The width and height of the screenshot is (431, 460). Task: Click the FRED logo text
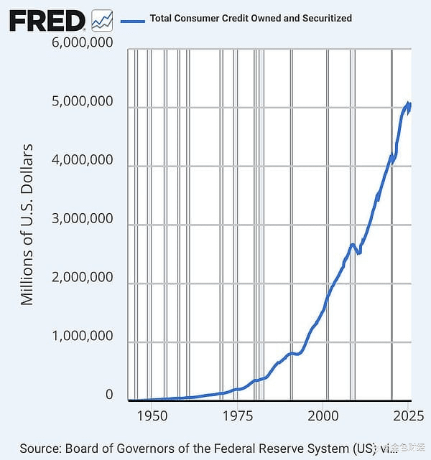pyautogui.click(x=47, y=20)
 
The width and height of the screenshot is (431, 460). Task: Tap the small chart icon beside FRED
pyautogui.click(x=102, y=20)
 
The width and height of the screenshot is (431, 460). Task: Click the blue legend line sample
pyautogui.click(x=133, y=19)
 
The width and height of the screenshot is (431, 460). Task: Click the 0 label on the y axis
pyautogui.click(x=109, y=395)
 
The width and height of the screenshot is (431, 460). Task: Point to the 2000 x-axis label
pyautogui.click(x=323, y=415)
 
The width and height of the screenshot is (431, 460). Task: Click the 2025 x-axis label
pyautogui.click(x=407, y=415)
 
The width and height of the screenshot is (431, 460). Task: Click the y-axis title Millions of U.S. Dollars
pyautogui.click(x=27, y=225)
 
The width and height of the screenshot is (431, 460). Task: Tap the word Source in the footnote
pyautogui.click(x=40, y=448)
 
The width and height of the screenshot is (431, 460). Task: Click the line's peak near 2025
pyautogui.click(x=408, y=103)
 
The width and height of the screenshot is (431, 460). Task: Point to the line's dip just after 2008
pyautogui.click(x=358, y=253)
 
